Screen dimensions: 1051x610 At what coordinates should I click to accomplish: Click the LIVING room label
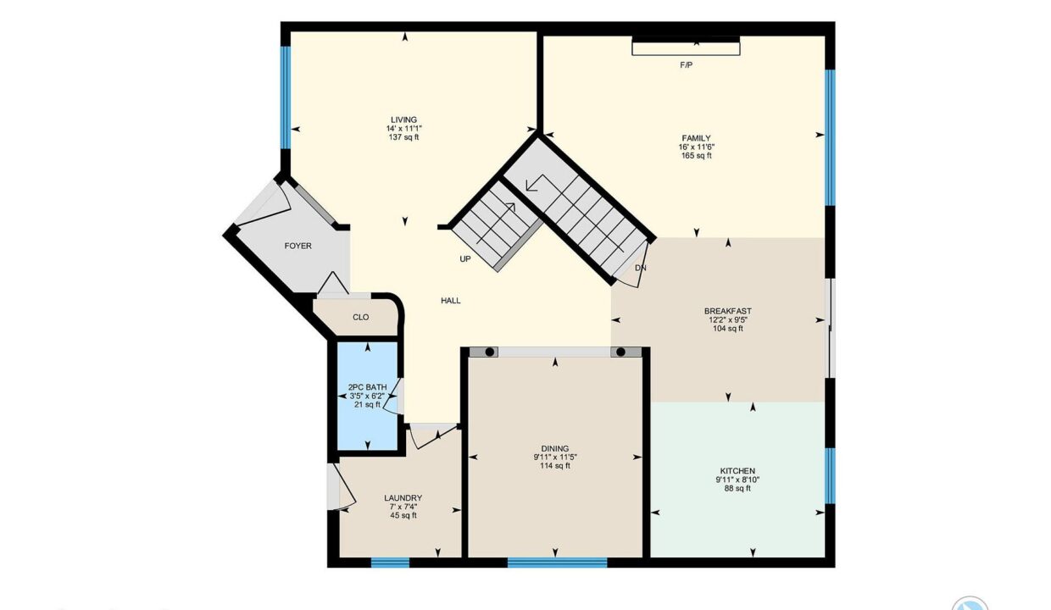403,120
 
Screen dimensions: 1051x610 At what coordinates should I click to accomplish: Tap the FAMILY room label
697,138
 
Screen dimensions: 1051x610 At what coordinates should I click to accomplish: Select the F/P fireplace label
686,65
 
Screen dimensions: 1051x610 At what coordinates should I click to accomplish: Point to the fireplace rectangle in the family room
686,46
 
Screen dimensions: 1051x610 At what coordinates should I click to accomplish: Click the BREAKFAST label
728,311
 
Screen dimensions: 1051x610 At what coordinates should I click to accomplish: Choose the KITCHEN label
737,471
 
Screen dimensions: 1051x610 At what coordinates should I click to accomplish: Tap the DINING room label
555,449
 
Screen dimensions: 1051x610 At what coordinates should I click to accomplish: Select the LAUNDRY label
403,498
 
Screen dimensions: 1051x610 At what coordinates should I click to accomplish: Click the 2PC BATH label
367,387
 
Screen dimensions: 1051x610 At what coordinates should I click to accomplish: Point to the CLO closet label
361,318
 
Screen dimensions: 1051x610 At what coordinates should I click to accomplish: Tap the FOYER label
298,247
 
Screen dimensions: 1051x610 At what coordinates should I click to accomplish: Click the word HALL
450,301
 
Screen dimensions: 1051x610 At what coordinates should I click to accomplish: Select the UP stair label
465,259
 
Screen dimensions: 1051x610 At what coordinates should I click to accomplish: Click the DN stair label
641,269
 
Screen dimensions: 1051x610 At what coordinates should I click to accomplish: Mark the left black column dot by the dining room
489,352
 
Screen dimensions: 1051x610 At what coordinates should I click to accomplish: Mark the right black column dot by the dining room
620,352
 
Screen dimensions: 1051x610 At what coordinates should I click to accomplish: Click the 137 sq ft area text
403,137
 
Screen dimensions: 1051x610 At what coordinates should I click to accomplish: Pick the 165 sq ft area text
697,156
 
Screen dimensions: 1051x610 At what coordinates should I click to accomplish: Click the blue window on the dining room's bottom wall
558,563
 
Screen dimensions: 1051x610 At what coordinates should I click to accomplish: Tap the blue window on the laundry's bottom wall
391,563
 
